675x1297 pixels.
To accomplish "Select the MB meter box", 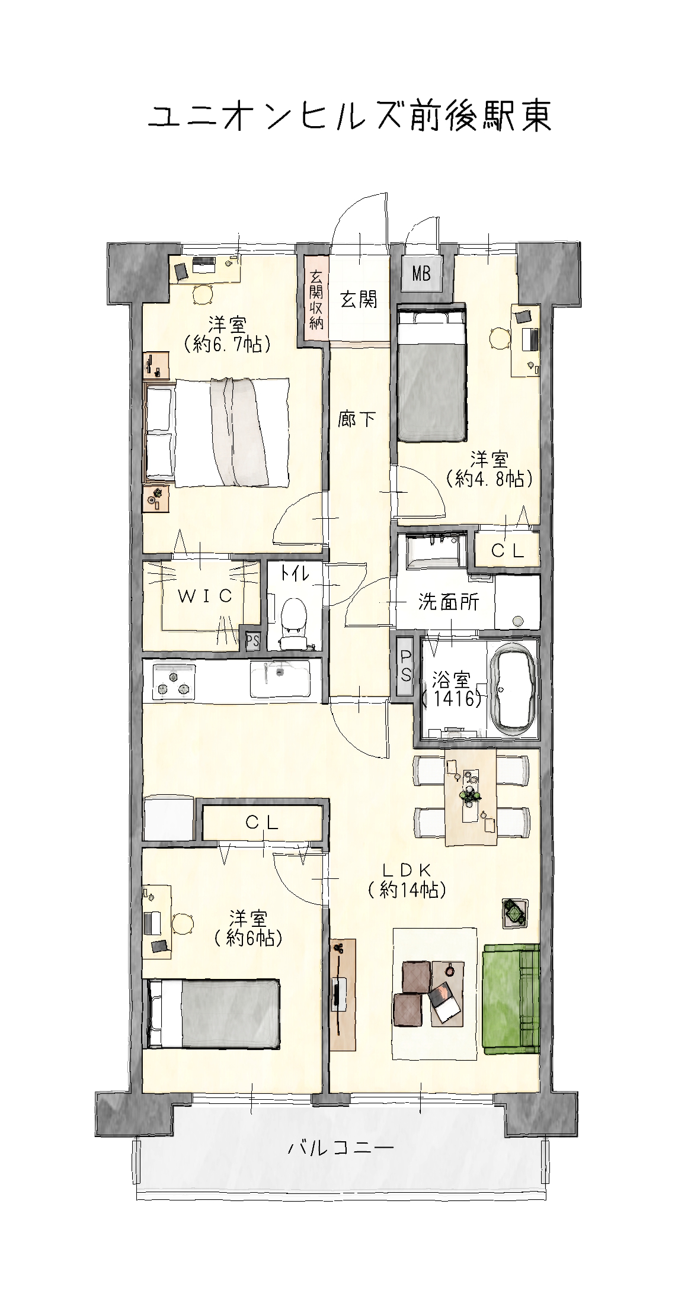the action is pyautogui.click(x=421, y=274).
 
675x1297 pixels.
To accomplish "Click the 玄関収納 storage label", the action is pyautogui.click(x=316, y=299).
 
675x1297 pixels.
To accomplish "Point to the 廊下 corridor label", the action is pyautogui.click(x=357, y=419).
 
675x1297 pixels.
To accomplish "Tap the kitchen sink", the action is pyautogui.click(x=280, y=679).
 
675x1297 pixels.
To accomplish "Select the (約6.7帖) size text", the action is pyautogui.click(x=227, y=343).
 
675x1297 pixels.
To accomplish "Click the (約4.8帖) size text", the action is pyautogui.click(x=490, y=478).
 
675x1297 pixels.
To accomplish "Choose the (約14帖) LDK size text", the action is pyautogui.click(x=407, y=890).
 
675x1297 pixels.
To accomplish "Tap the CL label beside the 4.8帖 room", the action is pyautogui.click(x=508, y=551).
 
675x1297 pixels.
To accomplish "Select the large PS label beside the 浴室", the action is pyautogui.click(x=406, y=666).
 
